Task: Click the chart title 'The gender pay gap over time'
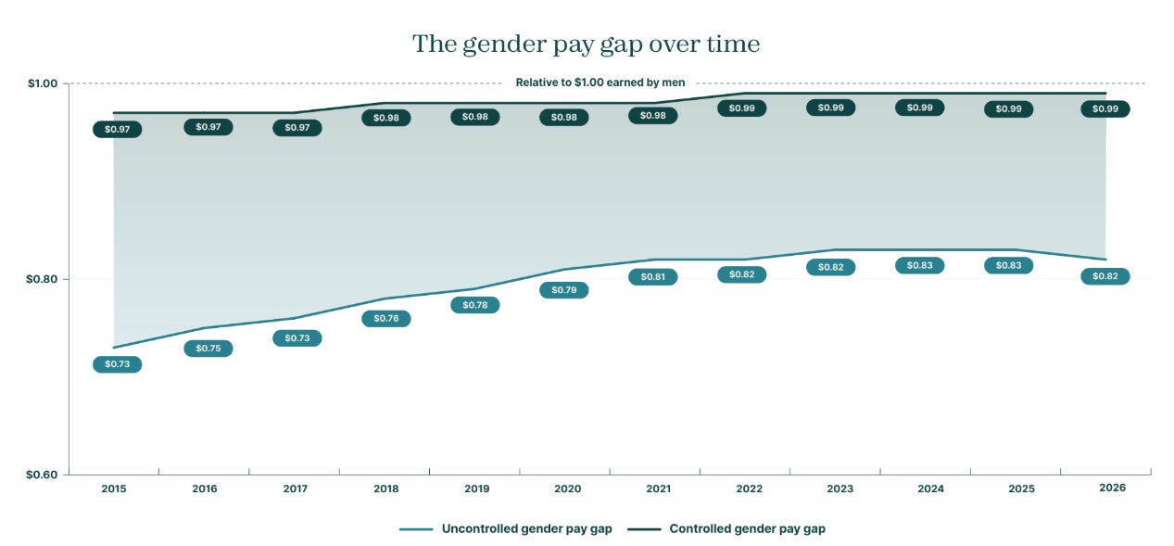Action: pos(586,44)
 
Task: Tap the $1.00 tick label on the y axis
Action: pos(43,83)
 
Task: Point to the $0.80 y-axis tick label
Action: pos(42,279)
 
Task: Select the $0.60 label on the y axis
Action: pos(42,475)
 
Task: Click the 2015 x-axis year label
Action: pos(114,489)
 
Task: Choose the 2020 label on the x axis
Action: pos(568,489)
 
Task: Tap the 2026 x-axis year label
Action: pos(1112,488)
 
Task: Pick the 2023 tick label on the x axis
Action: pos(840,489)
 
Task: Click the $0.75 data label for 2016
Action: pos(208,349)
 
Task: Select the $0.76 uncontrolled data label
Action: pos(386,318)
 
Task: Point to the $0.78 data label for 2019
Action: pos(474,305)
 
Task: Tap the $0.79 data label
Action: pos(564,290)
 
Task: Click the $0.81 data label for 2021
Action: pos(653,276)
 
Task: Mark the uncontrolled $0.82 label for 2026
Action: pos(1105,276)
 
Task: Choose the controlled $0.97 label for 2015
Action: pos(118,129)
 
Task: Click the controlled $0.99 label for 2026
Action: pos(1105,109)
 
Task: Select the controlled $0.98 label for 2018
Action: pos(386,118)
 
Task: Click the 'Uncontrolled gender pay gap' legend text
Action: pos(526,528)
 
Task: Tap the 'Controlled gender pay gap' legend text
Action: pos(748,528)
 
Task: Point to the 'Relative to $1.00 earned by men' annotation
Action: pos(600,83)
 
